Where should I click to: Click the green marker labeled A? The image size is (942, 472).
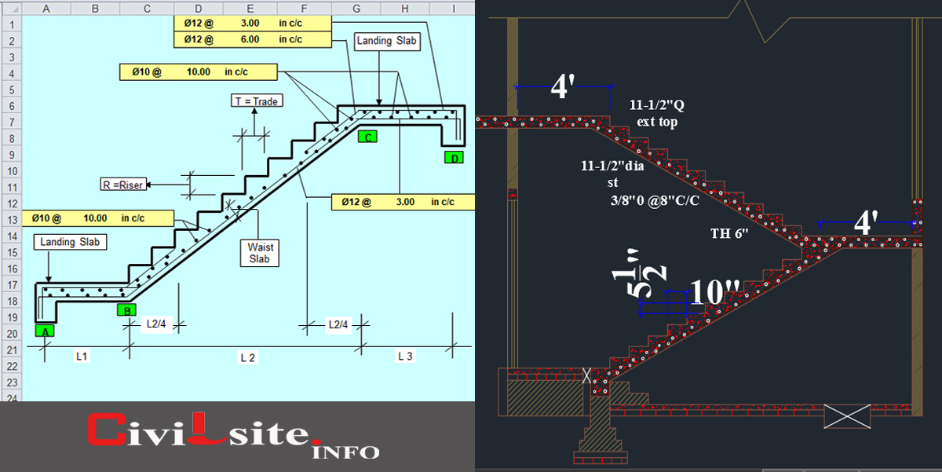tap(46, 331)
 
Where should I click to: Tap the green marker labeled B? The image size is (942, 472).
tap(126, 309)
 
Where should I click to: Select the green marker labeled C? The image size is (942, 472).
tap(367, 137)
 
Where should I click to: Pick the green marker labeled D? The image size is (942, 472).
tap(454, 158)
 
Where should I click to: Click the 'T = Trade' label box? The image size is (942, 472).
tap(257, 101)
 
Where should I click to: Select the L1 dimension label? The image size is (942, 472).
tap(82, 357)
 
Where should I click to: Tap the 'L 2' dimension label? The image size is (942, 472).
tap(248, 357)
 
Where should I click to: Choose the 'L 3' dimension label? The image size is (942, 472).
tap(405, 357)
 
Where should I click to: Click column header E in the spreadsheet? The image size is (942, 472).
tap(250, 8)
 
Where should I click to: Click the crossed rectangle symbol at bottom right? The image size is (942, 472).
tap(846, 416)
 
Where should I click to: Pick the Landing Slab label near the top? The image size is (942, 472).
tap(388, 41)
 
